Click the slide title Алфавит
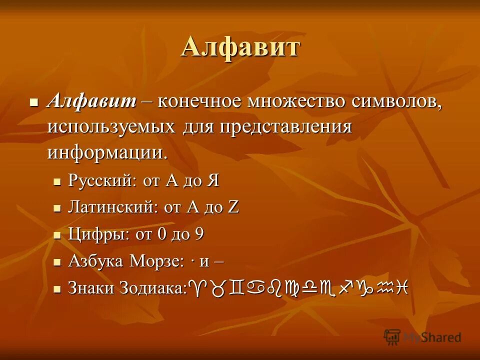click(240, 48)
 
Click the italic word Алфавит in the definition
click(92, 101)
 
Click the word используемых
click(111, 127)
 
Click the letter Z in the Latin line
click(233, 207)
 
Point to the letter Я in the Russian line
click(213, 180)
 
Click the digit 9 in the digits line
click(199, 234)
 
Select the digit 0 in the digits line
click(163, 234)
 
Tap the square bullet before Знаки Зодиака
click(57, 288)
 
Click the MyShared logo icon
click(392, 337)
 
